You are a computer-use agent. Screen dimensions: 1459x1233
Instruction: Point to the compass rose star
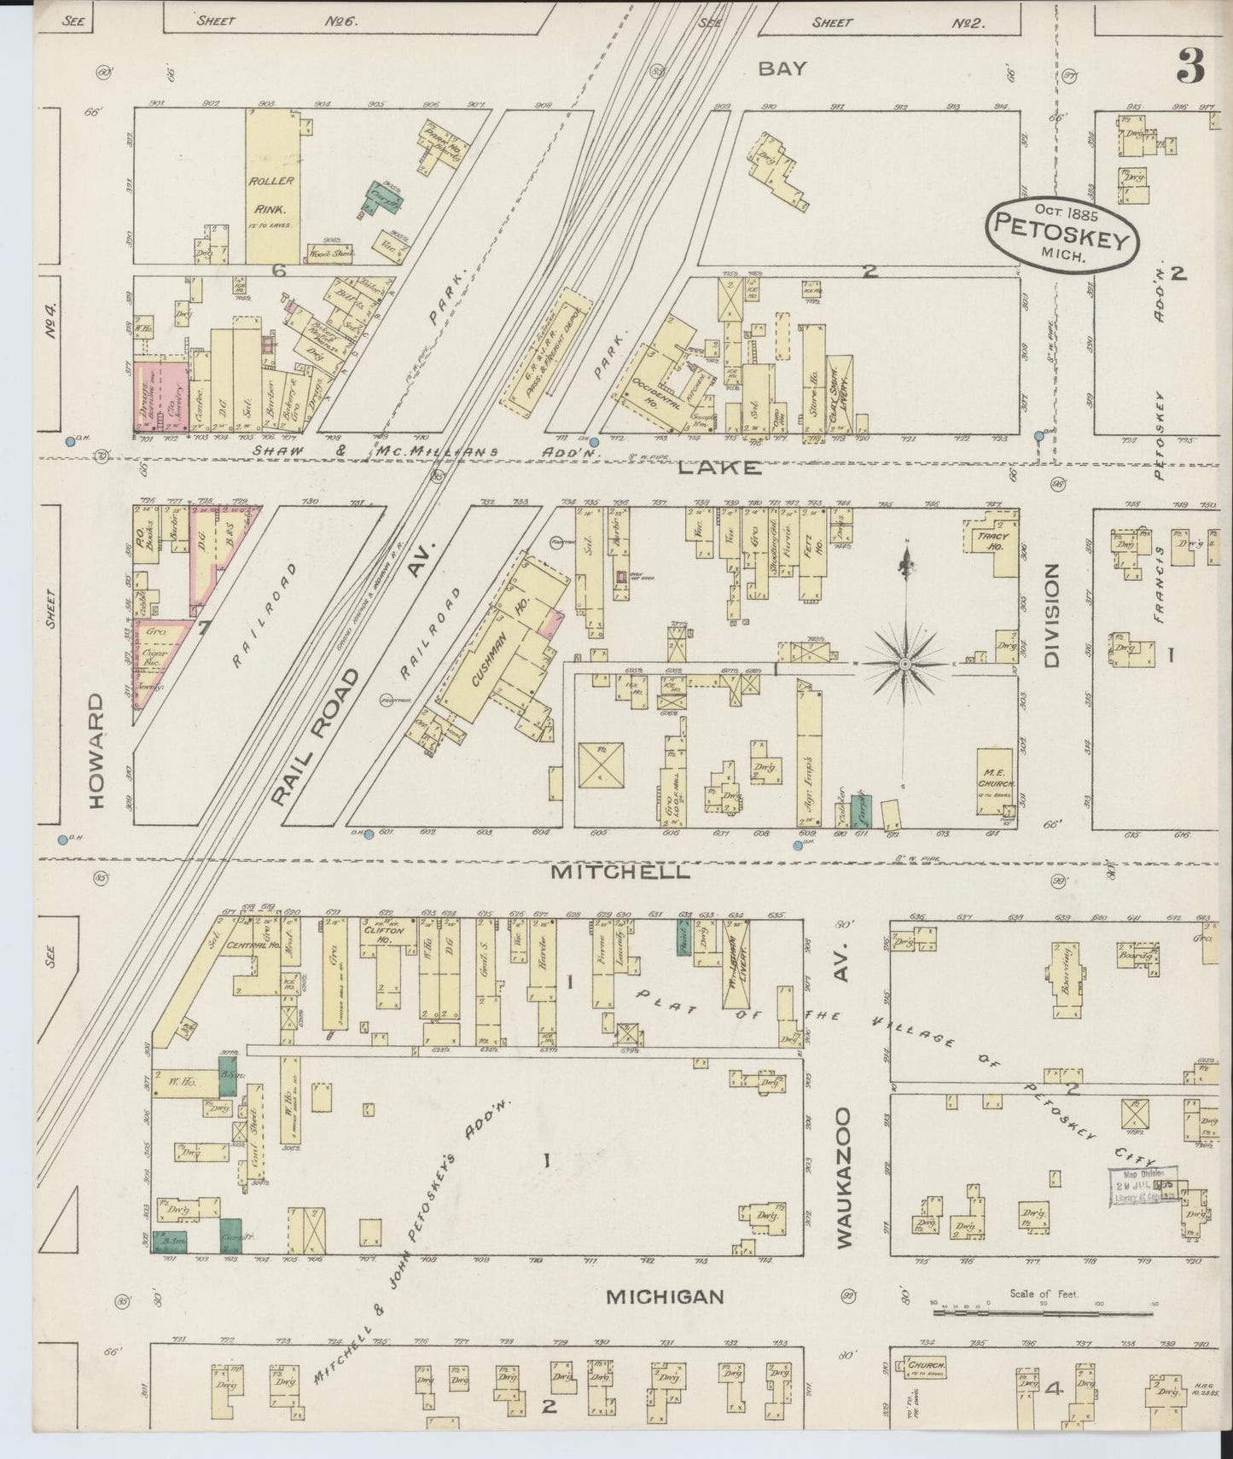[x=906, y=662]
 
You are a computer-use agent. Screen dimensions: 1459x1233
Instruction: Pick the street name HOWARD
[x=95, y=751]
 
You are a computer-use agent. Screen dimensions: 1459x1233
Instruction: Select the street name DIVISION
[x=1051, y=614]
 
